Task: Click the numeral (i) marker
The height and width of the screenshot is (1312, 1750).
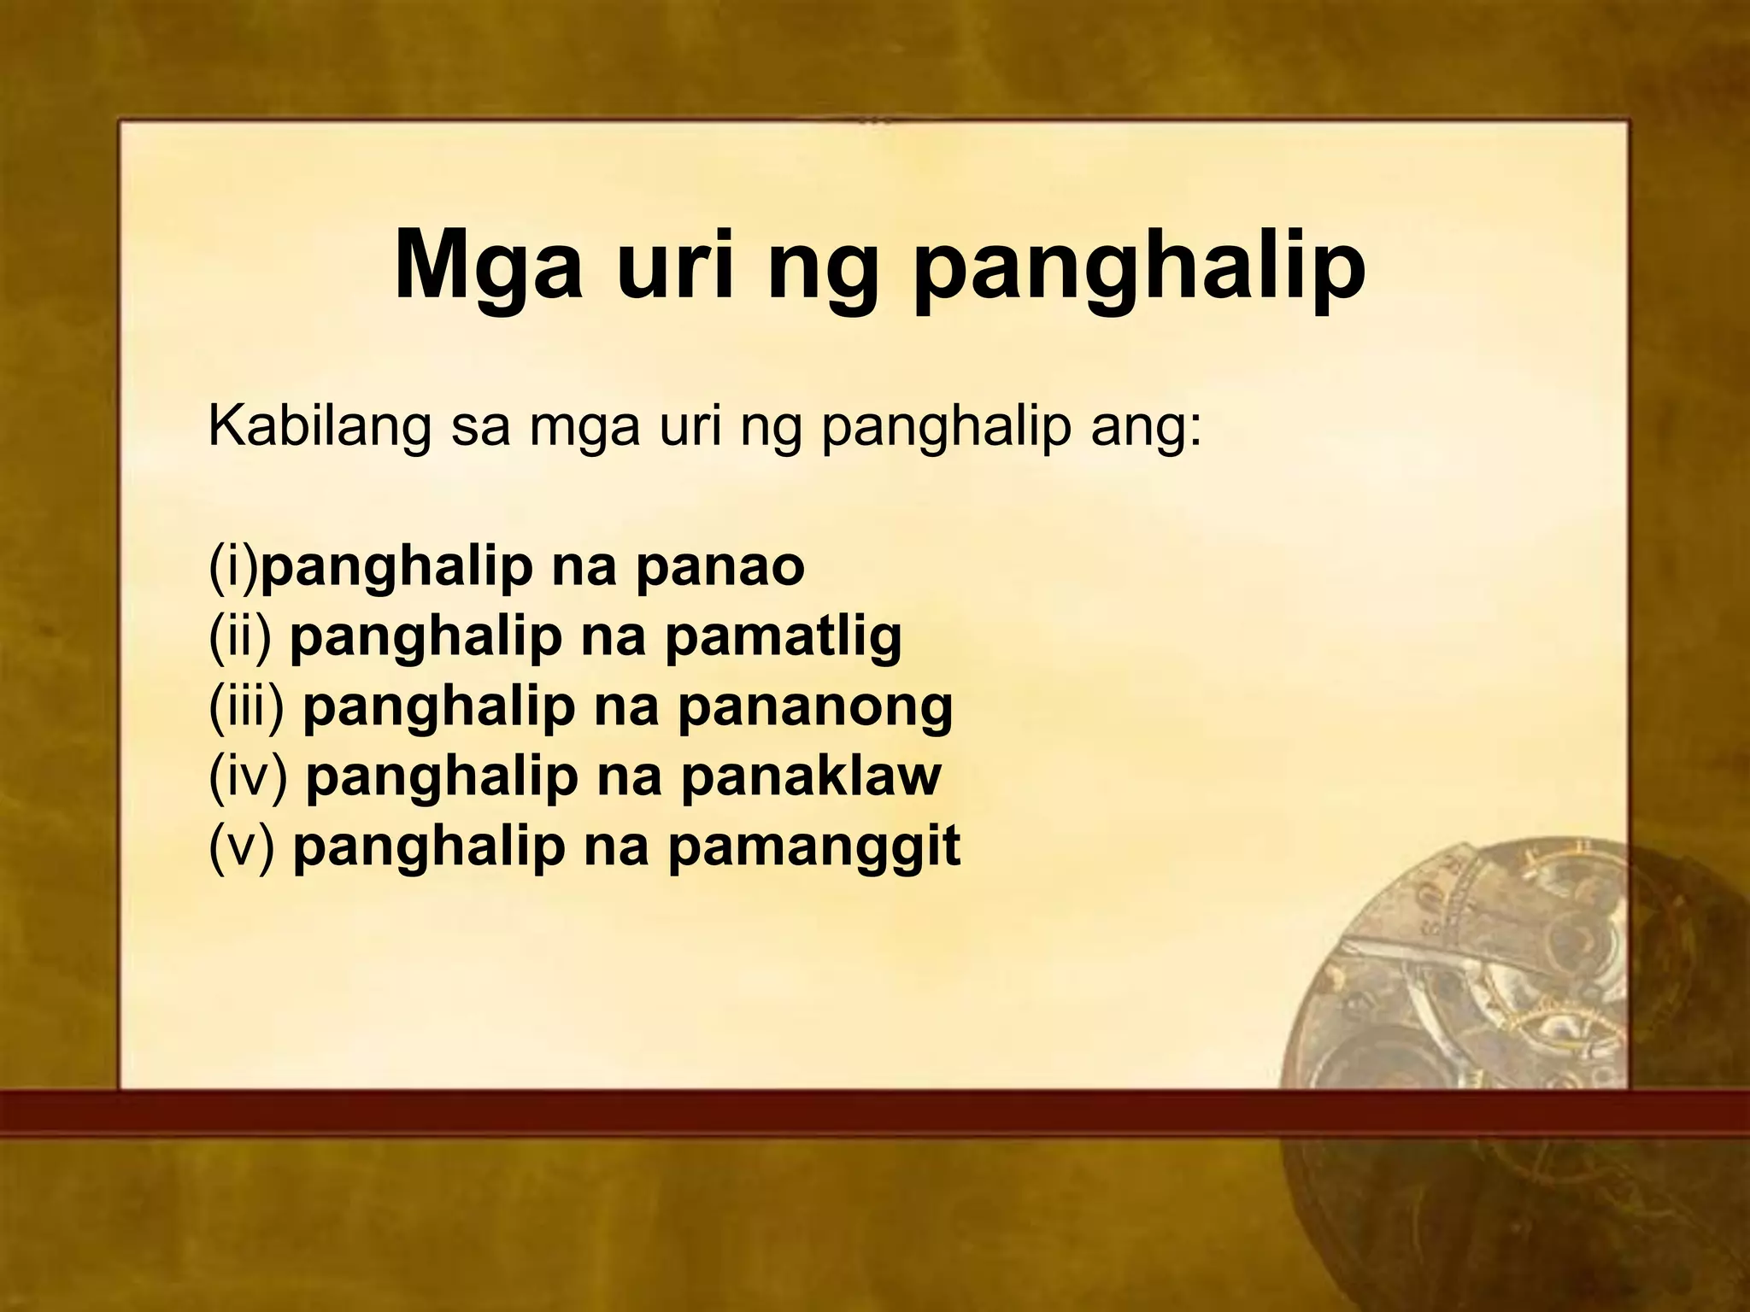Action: click(233, 568)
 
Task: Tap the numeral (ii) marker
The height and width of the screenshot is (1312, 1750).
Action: click(240, 637)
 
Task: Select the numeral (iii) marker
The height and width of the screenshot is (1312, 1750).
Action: click(246, 706)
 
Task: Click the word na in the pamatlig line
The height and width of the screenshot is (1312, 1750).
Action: click(612, 637)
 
